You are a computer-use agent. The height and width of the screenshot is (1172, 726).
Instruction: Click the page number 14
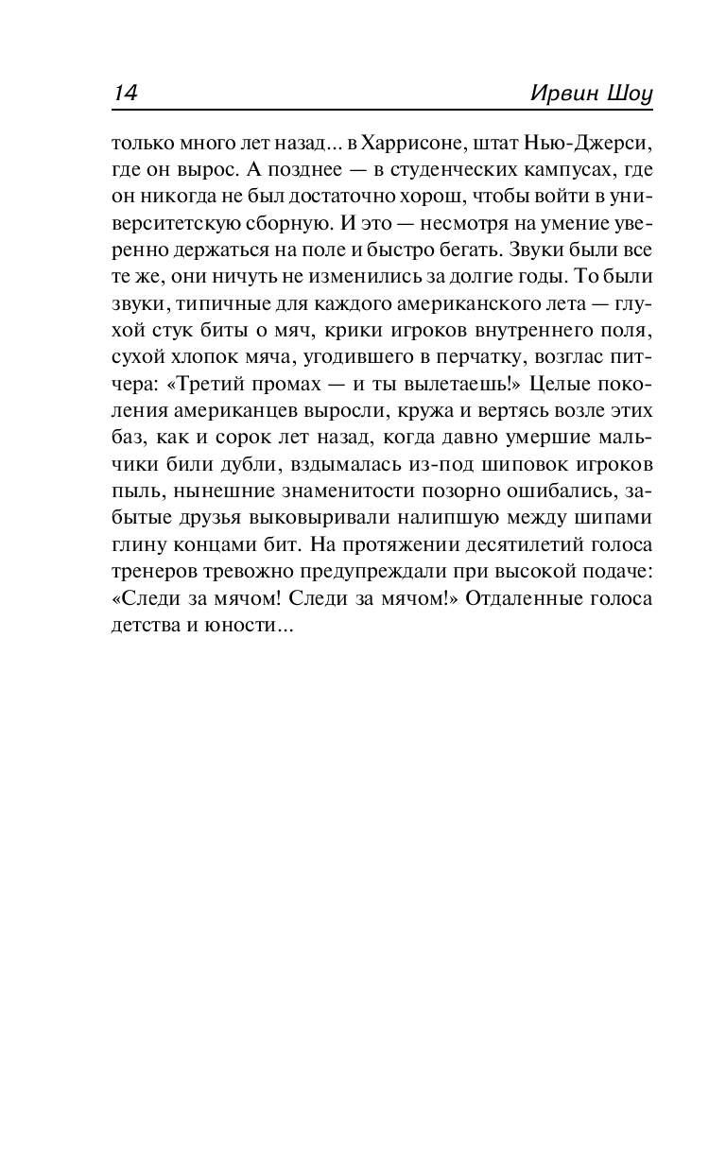pyautogui.click(x=126, y=93)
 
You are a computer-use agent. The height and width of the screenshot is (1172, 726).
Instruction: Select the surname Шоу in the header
pyautogui.click(x=627, y=93)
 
